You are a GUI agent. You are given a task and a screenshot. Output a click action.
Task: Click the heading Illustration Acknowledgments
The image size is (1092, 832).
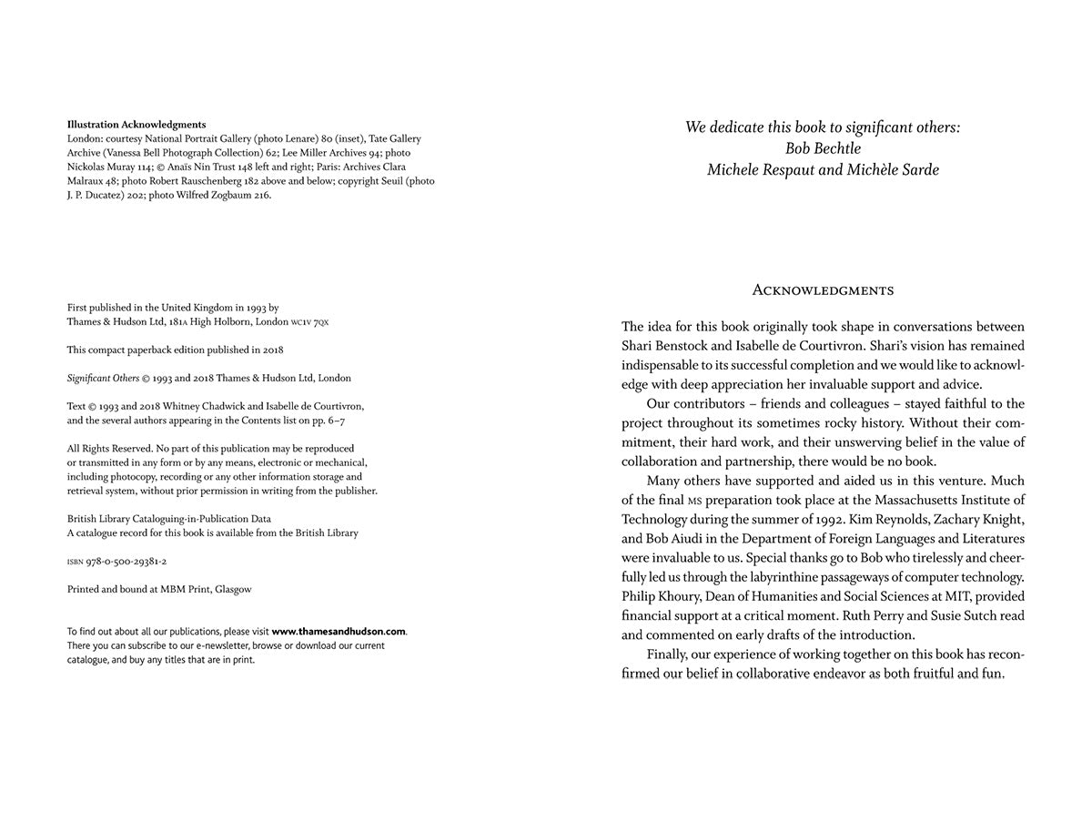[136, 125]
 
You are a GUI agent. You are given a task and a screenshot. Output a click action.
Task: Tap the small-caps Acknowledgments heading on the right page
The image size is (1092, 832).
[823, 290]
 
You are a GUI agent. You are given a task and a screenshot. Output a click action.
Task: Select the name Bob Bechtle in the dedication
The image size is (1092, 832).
[823, 148]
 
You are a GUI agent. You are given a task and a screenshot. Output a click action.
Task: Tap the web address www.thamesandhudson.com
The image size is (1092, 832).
[339, 632]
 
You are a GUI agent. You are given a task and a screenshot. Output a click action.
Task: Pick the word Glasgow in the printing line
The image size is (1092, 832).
[233, 590]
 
